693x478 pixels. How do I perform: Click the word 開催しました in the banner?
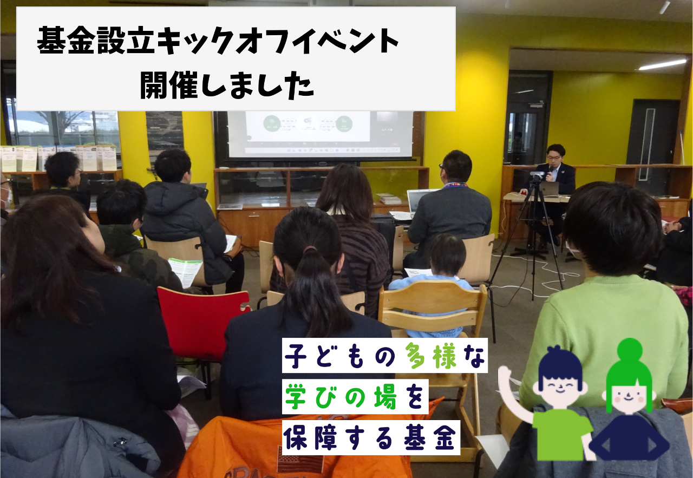pyautogui.click(x=227, y=84)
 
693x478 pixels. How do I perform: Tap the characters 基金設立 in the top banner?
pyautogui.click(x=96, y=40)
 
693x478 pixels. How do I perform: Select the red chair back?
pyautogui.click(x=202, y=322)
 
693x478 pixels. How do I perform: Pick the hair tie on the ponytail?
pyautogui.click(x=310, y=250)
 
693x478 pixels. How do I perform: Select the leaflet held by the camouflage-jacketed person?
pyautogui.click(x=185, y=272)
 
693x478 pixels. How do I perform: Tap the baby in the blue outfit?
pyautogui.click(x=439, y=281)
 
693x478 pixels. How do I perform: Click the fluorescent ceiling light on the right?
pyautogui.click(x=663, y=64)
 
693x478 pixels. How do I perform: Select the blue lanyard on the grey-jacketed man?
pyautogui.click(x=455, y=185)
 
